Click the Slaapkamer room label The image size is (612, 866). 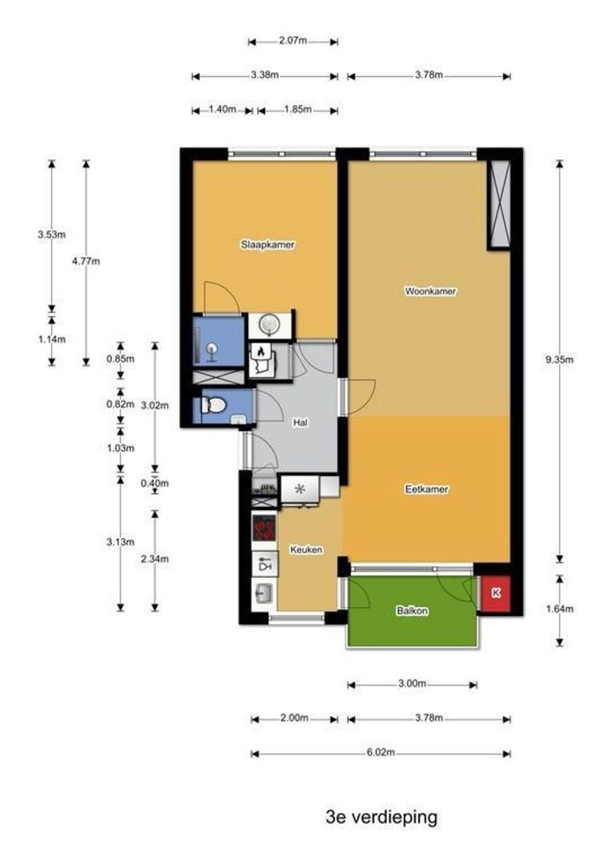point(268,244)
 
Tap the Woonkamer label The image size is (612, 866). point(430,291)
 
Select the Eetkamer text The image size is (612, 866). point(427,489)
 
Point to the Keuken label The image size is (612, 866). point(306,549)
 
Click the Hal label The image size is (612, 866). point(300,423)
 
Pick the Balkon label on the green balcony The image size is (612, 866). point(412,611)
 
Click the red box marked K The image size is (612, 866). point(495,593)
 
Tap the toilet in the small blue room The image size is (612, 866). point(213,406)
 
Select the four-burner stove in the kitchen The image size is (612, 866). point(264,528)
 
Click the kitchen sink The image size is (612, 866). point(264,594)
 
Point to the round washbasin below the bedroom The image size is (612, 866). point(270,325)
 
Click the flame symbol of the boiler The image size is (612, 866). point(261,350)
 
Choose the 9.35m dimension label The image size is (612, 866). point(560,359)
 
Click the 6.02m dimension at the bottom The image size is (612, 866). point(380,752)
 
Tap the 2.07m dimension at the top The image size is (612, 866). point(293,41)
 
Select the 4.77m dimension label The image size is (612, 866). point(86,261)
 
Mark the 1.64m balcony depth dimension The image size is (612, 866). point(560,609)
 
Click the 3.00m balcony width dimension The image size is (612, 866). point(413,684)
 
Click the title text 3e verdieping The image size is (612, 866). point(381,817)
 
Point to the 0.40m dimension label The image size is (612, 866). point(155,484)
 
